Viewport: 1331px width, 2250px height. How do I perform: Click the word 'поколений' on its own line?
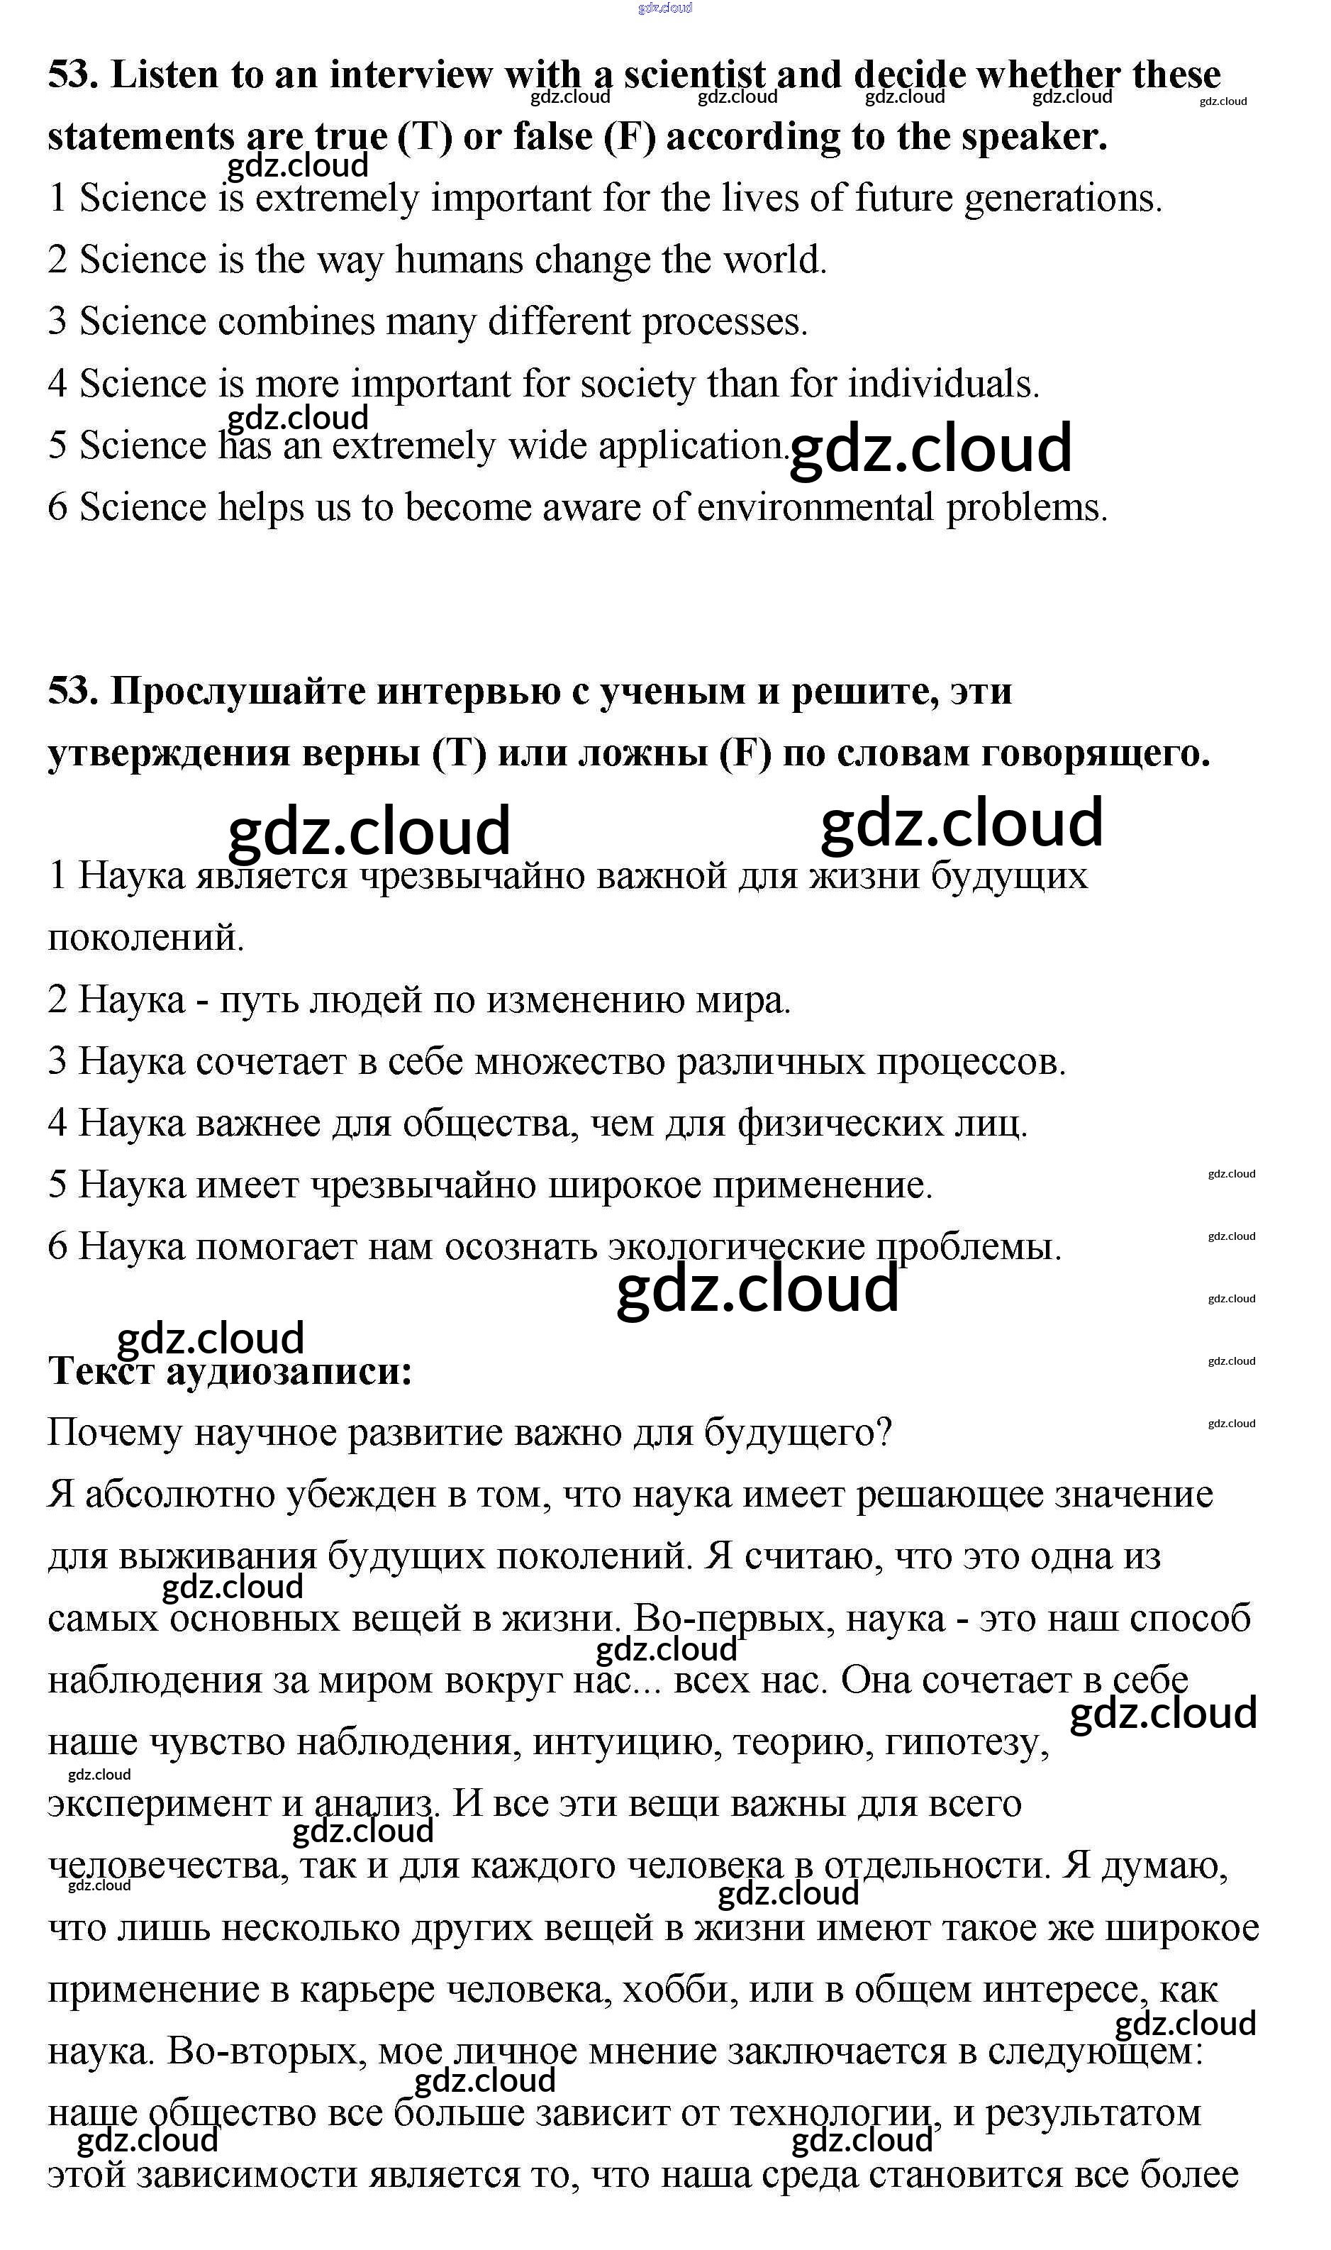pos(145,938)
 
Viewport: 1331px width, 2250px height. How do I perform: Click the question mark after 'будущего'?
pos(883,1434)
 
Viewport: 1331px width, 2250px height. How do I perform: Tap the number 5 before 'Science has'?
pos(57,446)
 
